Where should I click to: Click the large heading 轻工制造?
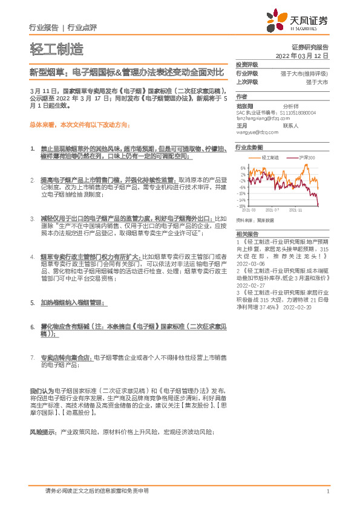[56, 50]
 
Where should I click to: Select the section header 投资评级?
[247, 65]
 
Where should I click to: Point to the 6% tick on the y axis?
[243, 167]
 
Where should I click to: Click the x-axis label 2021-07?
[273, 211]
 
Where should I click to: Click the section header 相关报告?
[247, 233]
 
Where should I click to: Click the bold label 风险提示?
[41, 415]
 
